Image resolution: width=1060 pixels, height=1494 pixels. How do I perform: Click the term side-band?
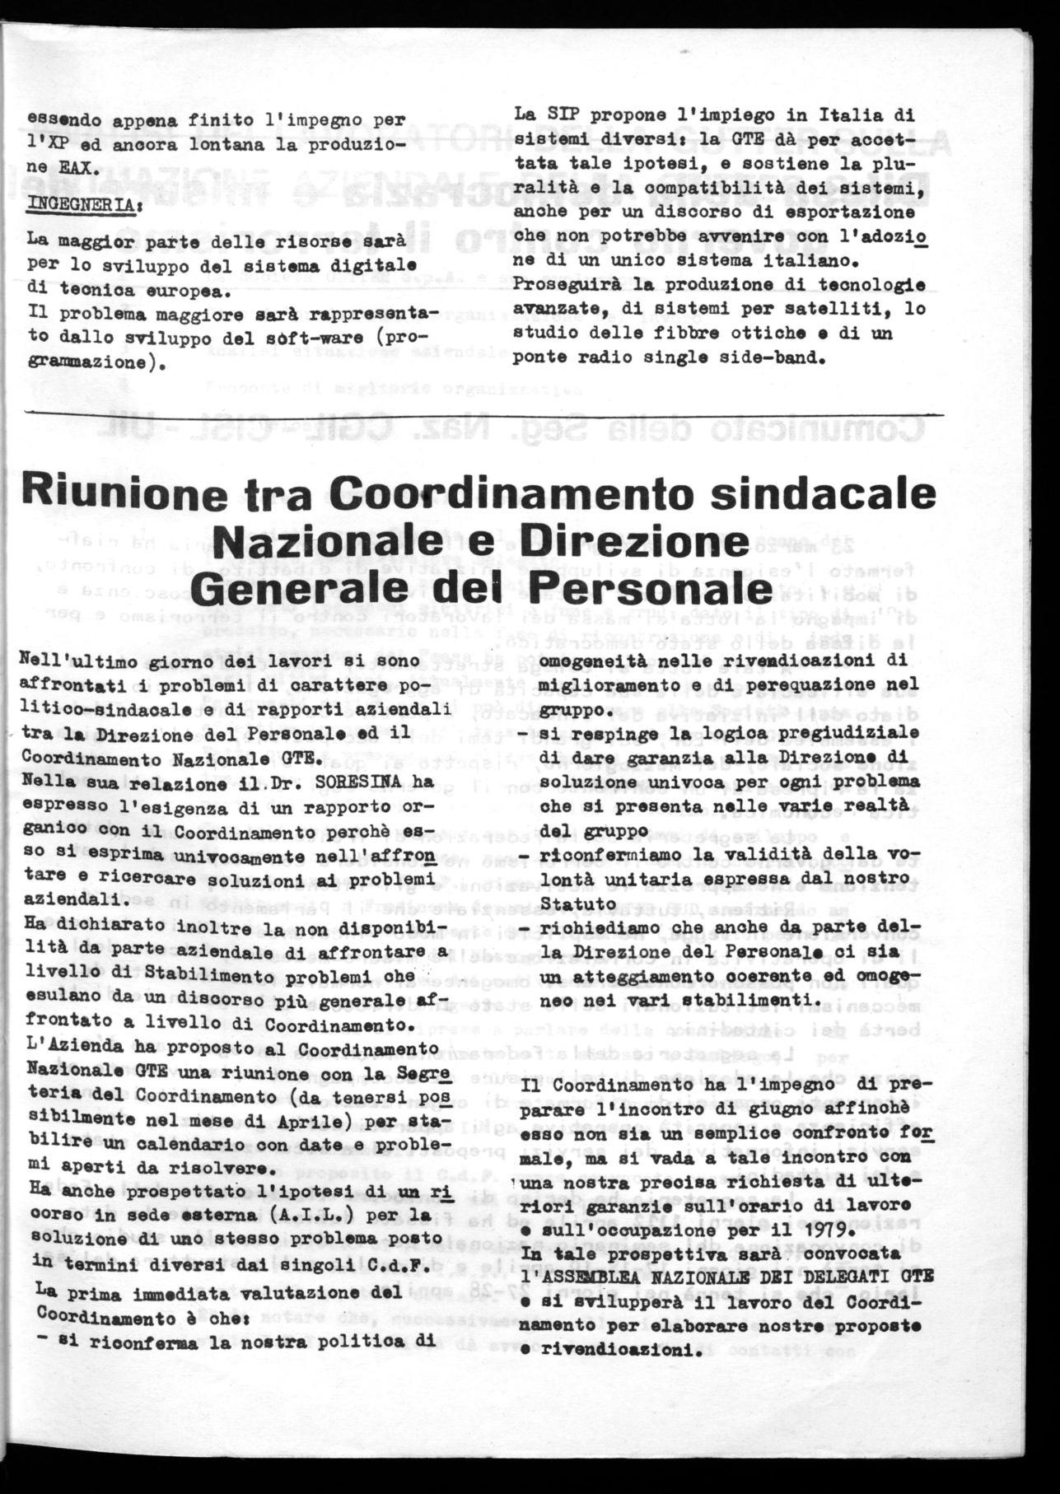pos(819,357)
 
